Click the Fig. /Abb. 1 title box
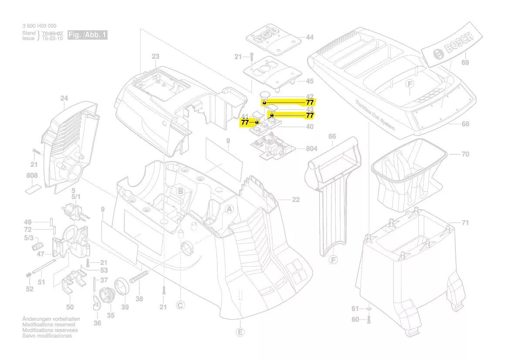pyautogui.click(x=88, y=35)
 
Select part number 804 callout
pyautogui.click(x=311, y=149)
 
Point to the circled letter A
pyautogui.click(x=229, y=209)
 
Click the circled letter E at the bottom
pyautogui.click(x=240, y=333)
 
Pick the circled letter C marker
pyautogui.click(x=180, y=305)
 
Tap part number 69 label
pyautogui.click(x=465, y=62)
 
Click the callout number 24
pyautogui.click(x=64, y=99)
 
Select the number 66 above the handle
pyautogui.click(x=332, y=137)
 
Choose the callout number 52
pyautogui.click(x=29, y=289)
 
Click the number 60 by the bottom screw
pyautogui.click(x=355, y=319)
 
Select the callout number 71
pyautogui.click(x=465, y=223)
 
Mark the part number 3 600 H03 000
pyautogui.click(x=39, y=26)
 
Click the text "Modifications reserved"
pyautogui.click(x=48, y=325)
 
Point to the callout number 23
pyautogui.click(x=155, y=56)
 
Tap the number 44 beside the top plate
pyautogui.click(x=309, y=37)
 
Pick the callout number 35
pyautogui.click(x=111, y=315)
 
